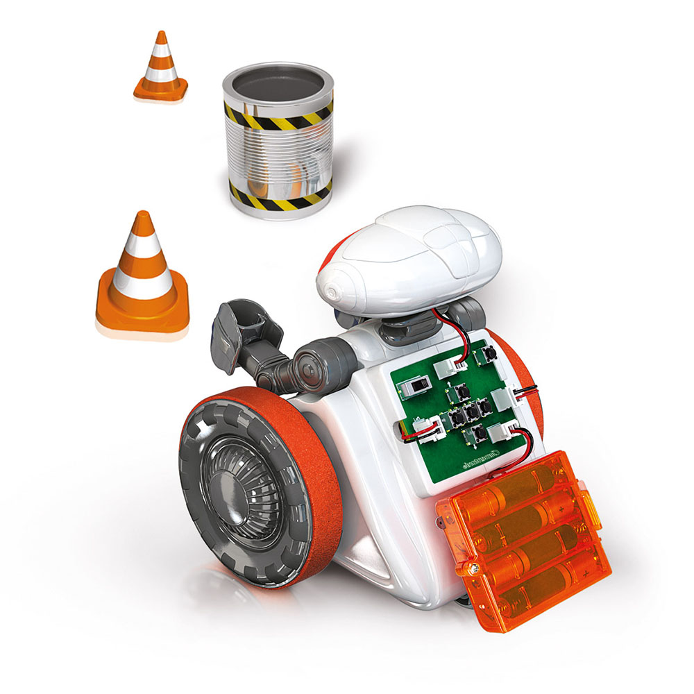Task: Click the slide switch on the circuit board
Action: (x=418, y=384)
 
